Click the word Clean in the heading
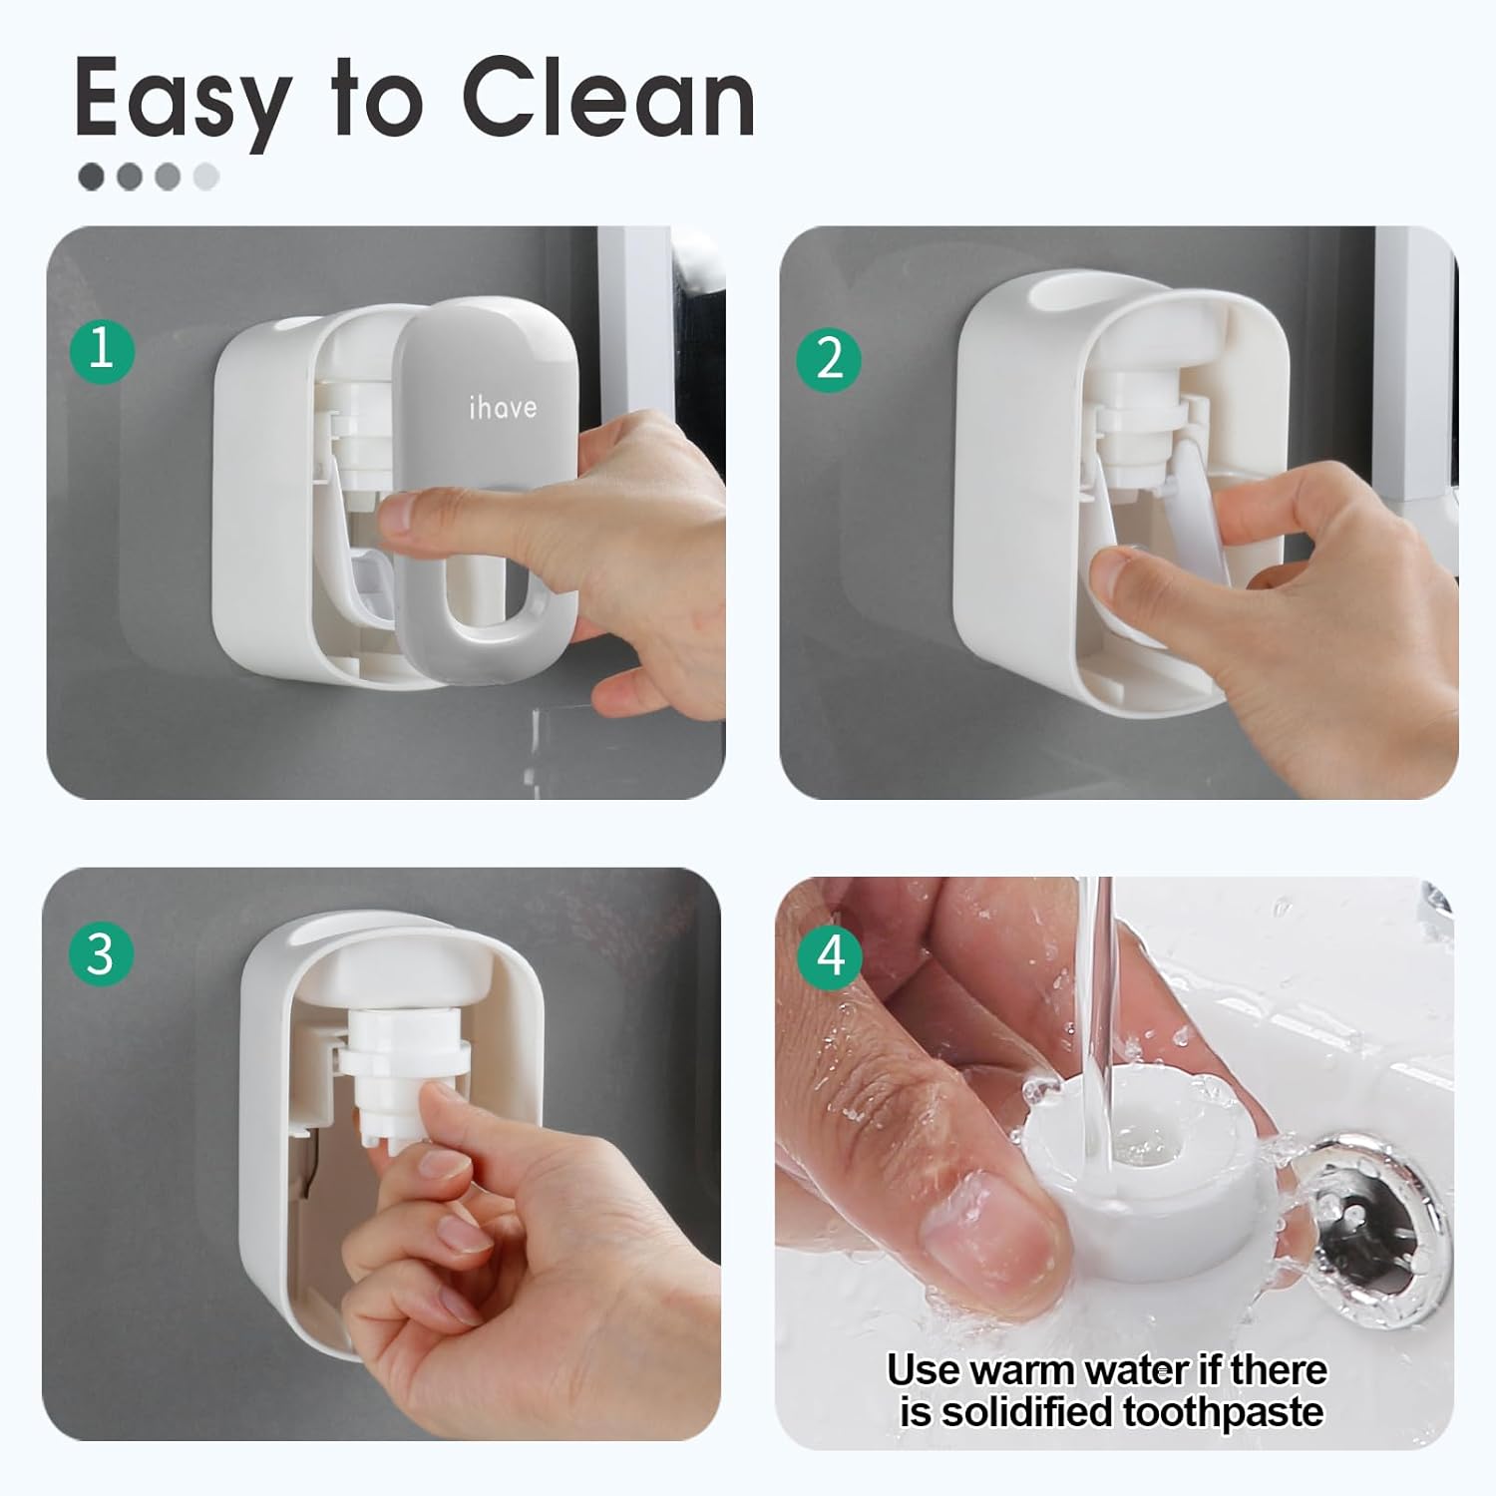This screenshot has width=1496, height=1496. tap(607, 100)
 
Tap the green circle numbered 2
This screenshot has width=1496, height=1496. tap(829, 357)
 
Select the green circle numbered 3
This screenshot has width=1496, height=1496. tap(101, 953)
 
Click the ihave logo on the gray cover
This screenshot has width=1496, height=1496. tap(503, 407)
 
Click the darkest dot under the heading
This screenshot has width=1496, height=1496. tap(91, 178)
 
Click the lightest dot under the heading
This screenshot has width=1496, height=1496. tap(205, 178)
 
